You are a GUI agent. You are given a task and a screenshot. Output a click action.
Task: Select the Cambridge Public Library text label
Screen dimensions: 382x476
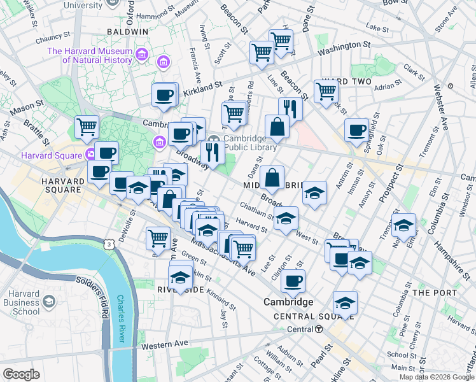coord(249,143)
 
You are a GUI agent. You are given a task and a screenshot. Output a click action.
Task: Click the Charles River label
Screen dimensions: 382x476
coord(122,317)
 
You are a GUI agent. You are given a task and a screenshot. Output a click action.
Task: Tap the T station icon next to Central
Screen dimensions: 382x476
coord(319,329)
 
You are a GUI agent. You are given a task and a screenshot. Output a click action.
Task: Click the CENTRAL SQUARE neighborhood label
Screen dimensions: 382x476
coord(304,316)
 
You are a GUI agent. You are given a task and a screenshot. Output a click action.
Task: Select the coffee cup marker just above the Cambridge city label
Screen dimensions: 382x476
coord(293,281)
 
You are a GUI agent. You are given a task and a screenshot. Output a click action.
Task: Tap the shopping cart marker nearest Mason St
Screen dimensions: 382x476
coord(87,127)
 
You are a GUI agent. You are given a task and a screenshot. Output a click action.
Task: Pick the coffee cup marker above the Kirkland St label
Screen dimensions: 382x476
coord(164,95)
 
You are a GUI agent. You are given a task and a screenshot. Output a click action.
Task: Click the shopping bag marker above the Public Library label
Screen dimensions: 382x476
coord(277,126)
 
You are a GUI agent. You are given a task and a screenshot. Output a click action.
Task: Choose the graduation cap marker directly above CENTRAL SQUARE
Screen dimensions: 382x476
coord(345,302)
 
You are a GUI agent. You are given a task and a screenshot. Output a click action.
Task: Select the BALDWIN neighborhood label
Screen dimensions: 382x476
coord(127,31)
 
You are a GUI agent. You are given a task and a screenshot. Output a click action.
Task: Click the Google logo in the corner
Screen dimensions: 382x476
coord(21,374)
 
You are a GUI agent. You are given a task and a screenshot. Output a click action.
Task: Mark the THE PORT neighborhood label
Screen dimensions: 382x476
coord(435,293)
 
